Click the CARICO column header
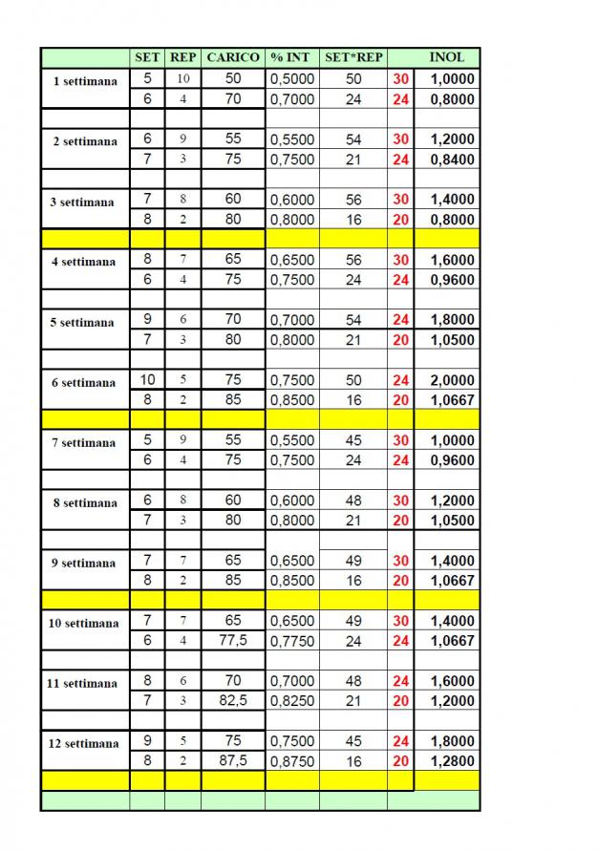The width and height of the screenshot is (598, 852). point(233,57)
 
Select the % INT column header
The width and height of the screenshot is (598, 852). point(291,57)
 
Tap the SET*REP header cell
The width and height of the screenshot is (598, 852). point(353,57)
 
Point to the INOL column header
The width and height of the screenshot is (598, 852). point(446,57)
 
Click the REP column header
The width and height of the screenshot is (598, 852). point(182,57)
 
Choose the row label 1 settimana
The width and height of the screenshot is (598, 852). point(85,81)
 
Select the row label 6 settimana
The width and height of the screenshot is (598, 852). point(84,383)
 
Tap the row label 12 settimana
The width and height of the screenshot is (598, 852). point(84,744)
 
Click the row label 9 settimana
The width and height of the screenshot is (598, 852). point(84,564)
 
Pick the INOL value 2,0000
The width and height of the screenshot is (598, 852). point(452,380)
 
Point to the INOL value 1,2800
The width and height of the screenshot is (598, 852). point(452,761)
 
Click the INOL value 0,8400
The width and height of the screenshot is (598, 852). point(452,160)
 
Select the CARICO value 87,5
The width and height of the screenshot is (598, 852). point(233,760)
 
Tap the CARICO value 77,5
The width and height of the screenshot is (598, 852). point(233,640)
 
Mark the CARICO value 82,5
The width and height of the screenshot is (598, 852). point(233,700)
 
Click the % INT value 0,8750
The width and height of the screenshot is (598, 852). point(291,761)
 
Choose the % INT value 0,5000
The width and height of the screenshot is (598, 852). point(291,79)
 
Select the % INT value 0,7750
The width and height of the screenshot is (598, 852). point(291,641)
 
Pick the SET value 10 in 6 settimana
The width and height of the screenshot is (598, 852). point(147,379)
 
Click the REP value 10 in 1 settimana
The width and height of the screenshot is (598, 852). point(182,78)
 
